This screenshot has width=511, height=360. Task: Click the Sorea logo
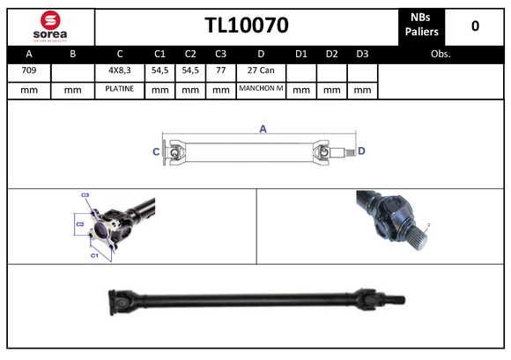click(x=49, y=26)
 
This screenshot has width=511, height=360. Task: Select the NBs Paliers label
click(x=421, y=26)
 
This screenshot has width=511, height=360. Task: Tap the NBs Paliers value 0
click(x=475, y=26)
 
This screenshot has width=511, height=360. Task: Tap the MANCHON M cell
click(x=261, y=90)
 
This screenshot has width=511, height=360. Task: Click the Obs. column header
click(x=441, y=53)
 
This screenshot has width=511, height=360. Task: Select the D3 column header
click(x=361, y=53)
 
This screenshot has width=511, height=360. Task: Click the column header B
click(x=73, y=53)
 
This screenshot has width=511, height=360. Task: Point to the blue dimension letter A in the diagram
click(x=263, y=129)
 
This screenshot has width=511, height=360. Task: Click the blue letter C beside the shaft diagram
click(x=156, y=152)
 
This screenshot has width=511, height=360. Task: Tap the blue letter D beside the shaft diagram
click(x=361, y=151)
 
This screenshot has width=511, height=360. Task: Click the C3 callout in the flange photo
click(x=85, y=195)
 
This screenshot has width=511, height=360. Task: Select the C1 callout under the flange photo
click(x=94, y=255)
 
